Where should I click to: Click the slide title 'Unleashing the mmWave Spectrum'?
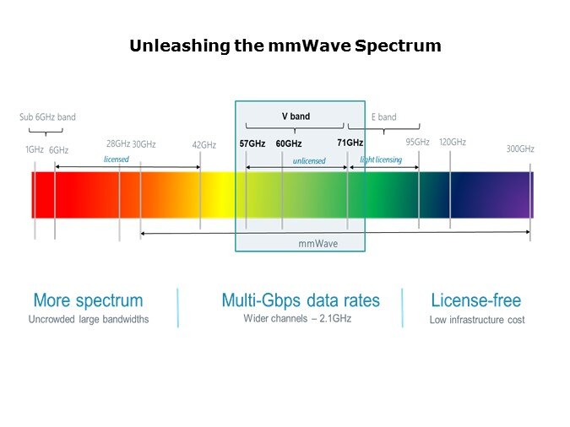(x=285, y=46)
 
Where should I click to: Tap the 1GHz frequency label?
(x=34, y=149)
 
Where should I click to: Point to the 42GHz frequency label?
(x=204, y=144)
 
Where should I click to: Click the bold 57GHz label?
(x=252, y=143)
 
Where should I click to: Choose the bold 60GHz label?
(x=289, y=144)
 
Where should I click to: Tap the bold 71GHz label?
(x=350, y=143)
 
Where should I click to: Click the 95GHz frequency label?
(x=417, y=142)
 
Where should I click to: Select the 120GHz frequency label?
(x=453, y=142)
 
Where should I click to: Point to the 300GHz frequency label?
(x=520, y=149)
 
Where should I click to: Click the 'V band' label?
(x=296, y=116)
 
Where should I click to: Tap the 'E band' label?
(x=383, y=117)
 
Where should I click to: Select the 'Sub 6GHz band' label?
(x=47, y=117)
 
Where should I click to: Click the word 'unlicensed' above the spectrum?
(x=309, y=160)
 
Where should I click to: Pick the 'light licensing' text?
(x=381, y=159)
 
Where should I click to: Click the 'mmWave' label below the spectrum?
(x=317, y=243)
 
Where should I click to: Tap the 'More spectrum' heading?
(x=88, y=300)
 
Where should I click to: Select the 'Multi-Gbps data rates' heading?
(x=301, y=300)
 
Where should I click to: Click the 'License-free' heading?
(x=476, y=300)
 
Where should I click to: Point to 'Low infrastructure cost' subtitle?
(x=476, y=320)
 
